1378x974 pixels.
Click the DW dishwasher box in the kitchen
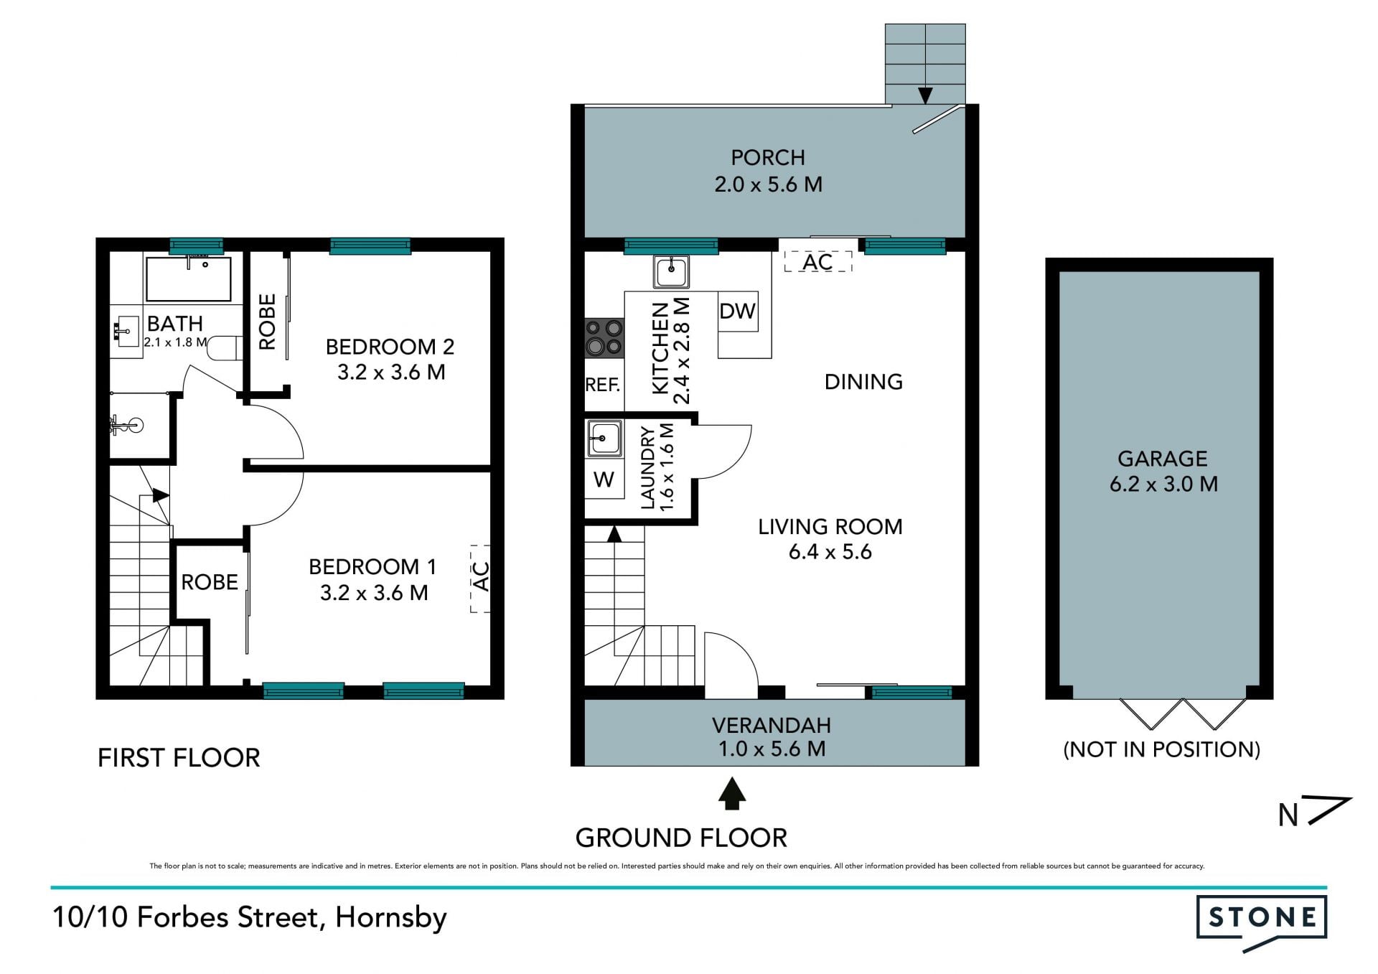point(738,311)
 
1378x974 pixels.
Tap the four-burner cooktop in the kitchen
point(604,338)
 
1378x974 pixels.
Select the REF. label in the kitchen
point(603,385)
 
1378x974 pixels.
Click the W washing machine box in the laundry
point(604,479)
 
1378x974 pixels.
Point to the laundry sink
point(605,439)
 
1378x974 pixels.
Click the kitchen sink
point(671,271)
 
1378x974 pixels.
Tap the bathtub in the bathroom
point(188,279)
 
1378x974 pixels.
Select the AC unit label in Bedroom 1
point(481,578)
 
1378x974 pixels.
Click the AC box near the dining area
point(817,262)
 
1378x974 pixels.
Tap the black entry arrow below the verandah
point(731,794)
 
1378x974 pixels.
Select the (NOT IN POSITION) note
point(1161,749)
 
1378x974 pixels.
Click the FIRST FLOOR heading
point(179,758)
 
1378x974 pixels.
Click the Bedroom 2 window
point(370,246)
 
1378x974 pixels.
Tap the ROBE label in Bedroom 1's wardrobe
point(210,582)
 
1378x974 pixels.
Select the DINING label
point(863,382)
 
